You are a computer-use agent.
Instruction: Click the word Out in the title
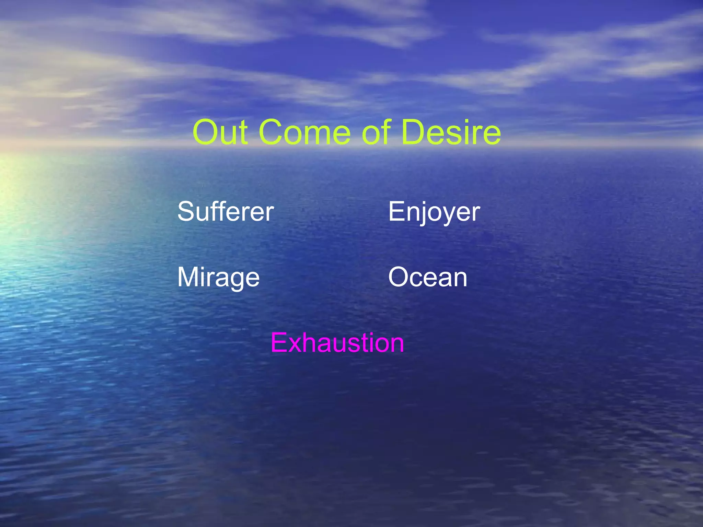tap(220, 132)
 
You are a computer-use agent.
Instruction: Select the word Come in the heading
tap(307, 132)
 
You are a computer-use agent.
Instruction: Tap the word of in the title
tap(377, 132)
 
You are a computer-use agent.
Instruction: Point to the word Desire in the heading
tap(450, 132)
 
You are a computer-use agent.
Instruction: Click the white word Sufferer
tap(226, 212)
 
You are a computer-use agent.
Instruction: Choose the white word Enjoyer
tap(434, 212)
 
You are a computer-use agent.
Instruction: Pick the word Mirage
tap(218, 278)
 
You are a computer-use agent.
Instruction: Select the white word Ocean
tap(428, 277)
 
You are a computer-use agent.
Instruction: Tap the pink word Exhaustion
tap(337, 342)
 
